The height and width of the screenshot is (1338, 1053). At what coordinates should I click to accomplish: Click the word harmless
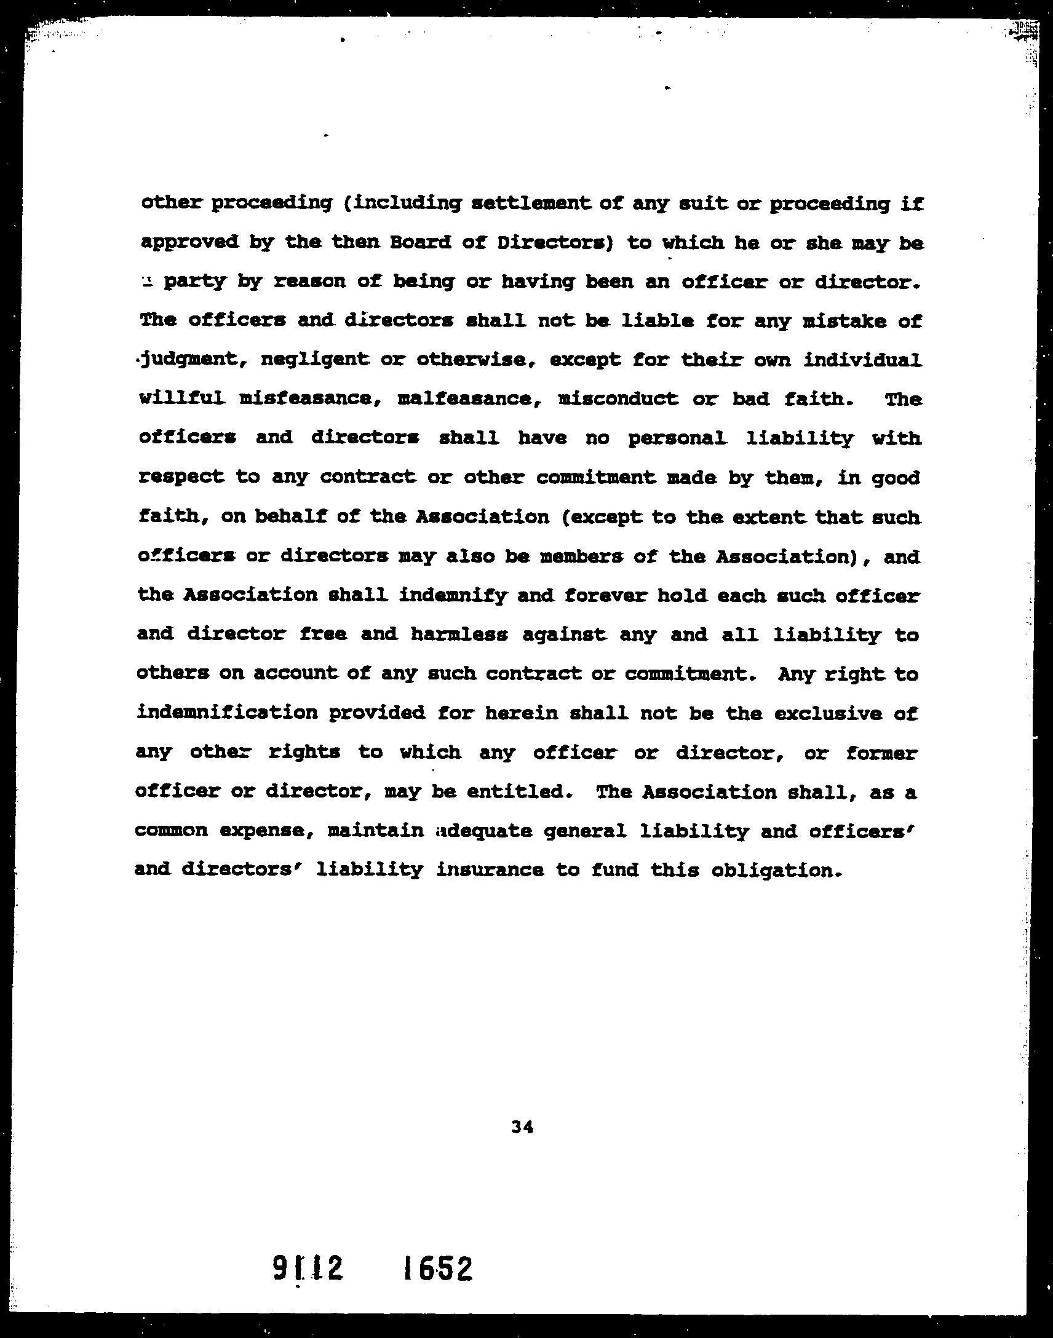(459, 634)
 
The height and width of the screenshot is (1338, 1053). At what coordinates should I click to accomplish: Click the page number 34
(522, 1126)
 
